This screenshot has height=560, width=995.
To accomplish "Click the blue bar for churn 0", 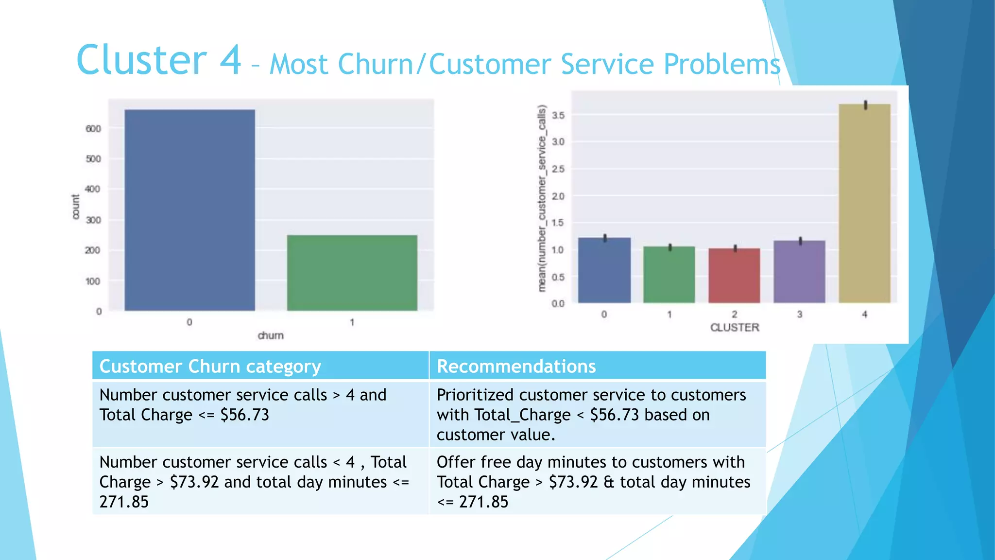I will [189, 210].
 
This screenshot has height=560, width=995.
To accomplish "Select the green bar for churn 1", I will [352, 273].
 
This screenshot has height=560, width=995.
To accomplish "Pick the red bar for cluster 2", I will [734, 276].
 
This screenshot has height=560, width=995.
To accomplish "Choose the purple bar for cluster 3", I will [799, 272].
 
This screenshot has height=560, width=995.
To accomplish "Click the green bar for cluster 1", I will [669, 275].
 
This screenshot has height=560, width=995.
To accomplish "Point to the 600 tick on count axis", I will [93, 129].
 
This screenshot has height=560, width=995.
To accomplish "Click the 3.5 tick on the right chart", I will [558, 115].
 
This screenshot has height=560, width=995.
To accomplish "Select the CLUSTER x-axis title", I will [735, 328].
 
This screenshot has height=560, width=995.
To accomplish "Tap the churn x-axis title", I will [270, 335].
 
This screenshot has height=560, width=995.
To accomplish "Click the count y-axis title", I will [76, 207].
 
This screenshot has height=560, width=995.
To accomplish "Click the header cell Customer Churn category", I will [210, 366].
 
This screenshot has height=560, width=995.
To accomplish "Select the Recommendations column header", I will [516, 366].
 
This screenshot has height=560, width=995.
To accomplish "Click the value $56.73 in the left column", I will [244, 415].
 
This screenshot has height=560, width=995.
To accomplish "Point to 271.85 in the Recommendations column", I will [483, 502].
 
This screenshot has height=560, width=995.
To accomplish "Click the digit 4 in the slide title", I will [230, 60].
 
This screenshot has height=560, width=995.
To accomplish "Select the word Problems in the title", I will [722, 65].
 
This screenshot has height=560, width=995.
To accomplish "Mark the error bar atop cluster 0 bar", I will [605, 238].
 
